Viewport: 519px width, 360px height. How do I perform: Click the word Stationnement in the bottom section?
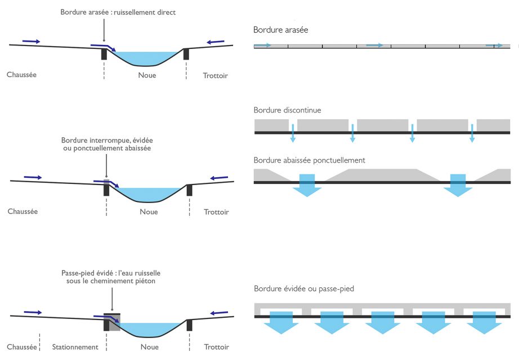(75, 346)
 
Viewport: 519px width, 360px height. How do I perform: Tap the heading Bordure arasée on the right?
(281, 30)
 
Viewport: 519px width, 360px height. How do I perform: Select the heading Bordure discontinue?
(287, 110)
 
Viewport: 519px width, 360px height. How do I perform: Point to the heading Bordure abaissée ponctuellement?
(309, 160)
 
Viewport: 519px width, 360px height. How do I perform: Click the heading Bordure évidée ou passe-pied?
(304, 289)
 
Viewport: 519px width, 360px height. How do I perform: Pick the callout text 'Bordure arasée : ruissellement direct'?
(118, 12)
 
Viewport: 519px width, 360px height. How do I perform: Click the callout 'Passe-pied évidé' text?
(111, 277)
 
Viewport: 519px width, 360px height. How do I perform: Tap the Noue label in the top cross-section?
(147, 75)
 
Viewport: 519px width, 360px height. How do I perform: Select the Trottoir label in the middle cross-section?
(216, 211)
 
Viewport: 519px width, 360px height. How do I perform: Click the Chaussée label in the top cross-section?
(21, 74)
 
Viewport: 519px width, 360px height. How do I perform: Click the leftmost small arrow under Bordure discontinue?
(293, 133)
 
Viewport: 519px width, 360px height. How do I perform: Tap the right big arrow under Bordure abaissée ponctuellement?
(458, 185)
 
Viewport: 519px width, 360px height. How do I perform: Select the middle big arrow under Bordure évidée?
(383, 322)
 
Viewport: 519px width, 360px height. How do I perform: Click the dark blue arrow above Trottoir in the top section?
(216, 42)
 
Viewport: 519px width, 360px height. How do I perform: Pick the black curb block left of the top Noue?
(104, 54)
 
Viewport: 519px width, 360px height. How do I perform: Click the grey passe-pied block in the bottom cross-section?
(114, 322)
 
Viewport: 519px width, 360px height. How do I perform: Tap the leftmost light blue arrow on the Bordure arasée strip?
(262, 45)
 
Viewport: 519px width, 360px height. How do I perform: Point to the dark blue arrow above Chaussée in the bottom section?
(33, 312)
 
